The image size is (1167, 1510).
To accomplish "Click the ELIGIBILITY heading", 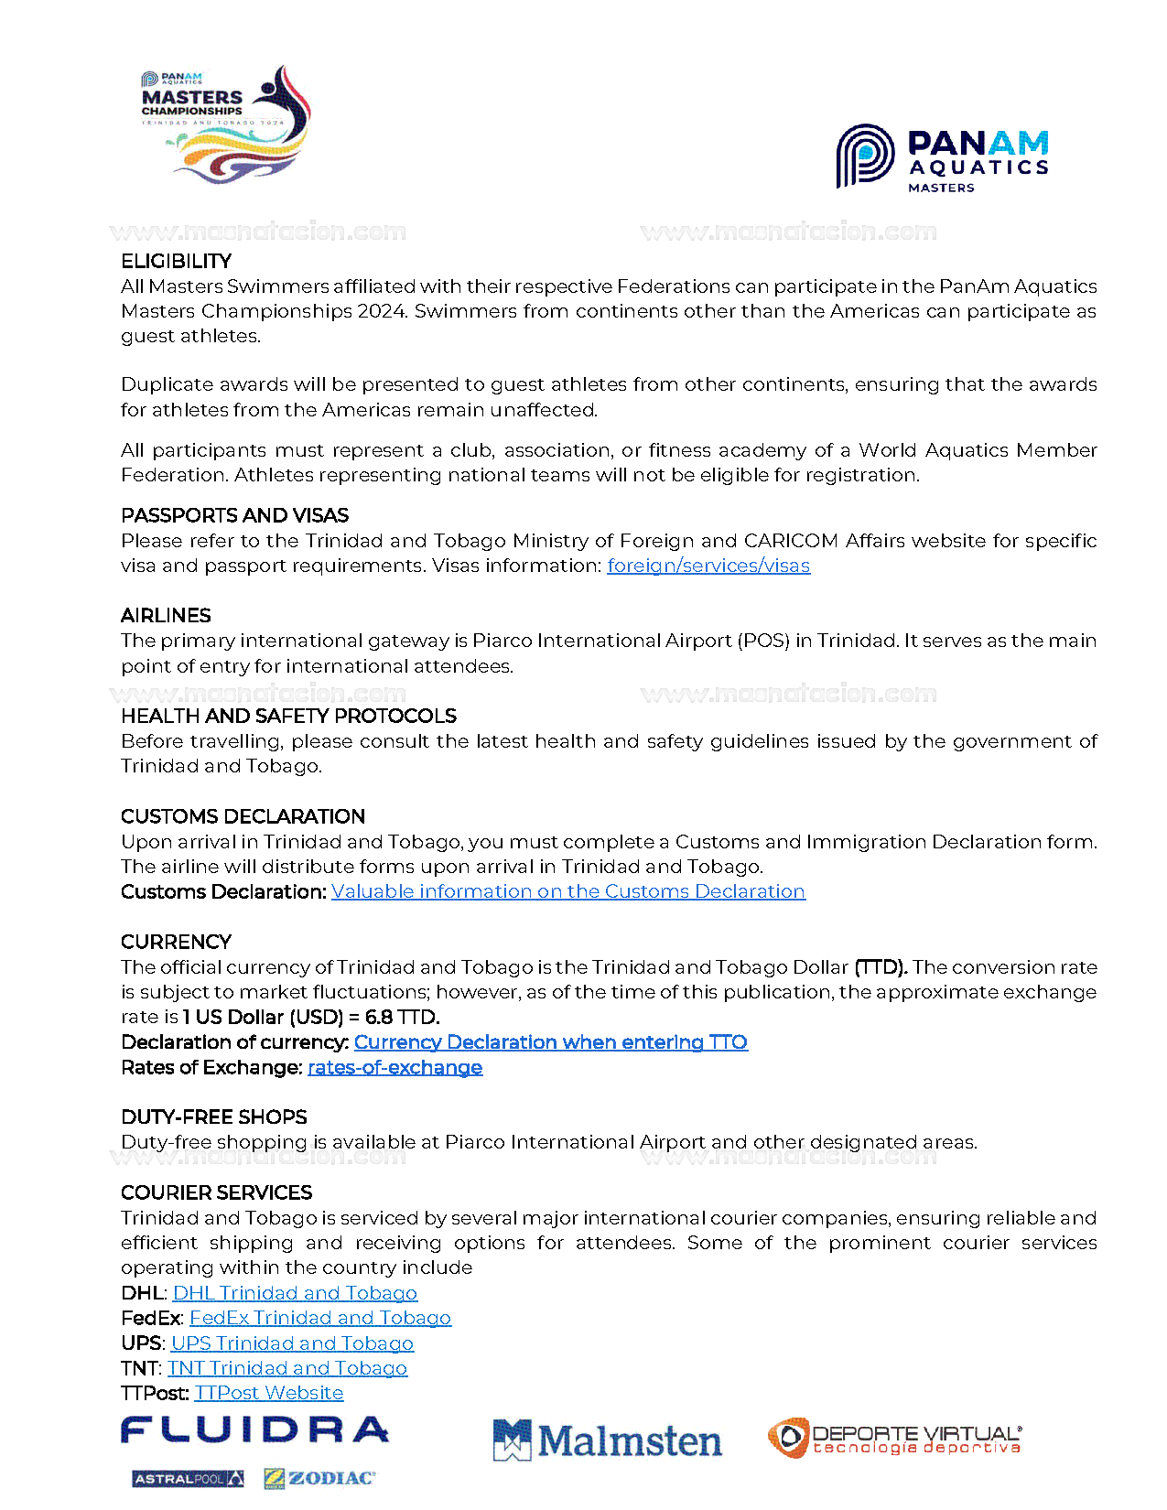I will pos(176,261).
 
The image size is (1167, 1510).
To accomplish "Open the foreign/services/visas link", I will pos(708,566).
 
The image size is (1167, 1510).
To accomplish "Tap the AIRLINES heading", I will pos(166,615).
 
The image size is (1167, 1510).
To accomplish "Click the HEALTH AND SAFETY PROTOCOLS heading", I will pos(288,716).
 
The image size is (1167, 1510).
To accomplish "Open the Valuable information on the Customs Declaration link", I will pos(568,891).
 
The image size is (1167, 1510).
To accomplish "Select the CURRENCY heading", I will pos(176,942).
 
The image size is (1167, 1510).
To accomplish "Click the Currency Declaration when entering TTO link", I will pos(551,1042).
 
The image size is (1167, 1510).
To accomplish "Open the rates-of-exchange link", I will pos(394,1067).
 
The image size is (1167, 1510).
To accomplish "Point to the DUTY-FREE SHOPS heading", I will pos(213,1116).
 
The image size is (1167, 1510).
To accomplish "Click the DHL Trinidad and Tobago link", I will pos(295,1293).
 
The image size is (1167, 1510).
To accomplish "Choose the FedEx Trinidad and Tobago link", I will pos(320,1318).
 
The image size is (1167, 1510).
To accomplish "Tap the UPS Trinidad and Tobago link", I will pos(292,1343).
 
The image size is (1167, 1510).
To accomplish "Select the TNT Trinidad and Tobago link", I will pos(287,1368).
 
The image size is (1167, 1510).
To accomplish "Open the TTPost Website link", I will pos(269,1393).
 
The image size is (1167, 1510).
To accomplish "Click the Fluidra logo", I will pos(254,1430).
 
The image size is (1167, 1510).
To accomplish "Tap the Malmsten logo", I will pos(607,1440).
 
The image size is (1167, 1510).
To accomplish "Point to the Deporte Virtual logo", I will pos(894,1439).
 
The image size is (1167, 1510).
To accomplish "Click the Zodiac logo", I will pos(319,1478).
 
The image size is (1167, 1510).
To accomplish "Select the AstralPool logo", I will pos(188,1479).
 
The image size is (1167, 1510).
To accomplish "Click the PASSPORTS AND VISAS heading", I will pos(234,515).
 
